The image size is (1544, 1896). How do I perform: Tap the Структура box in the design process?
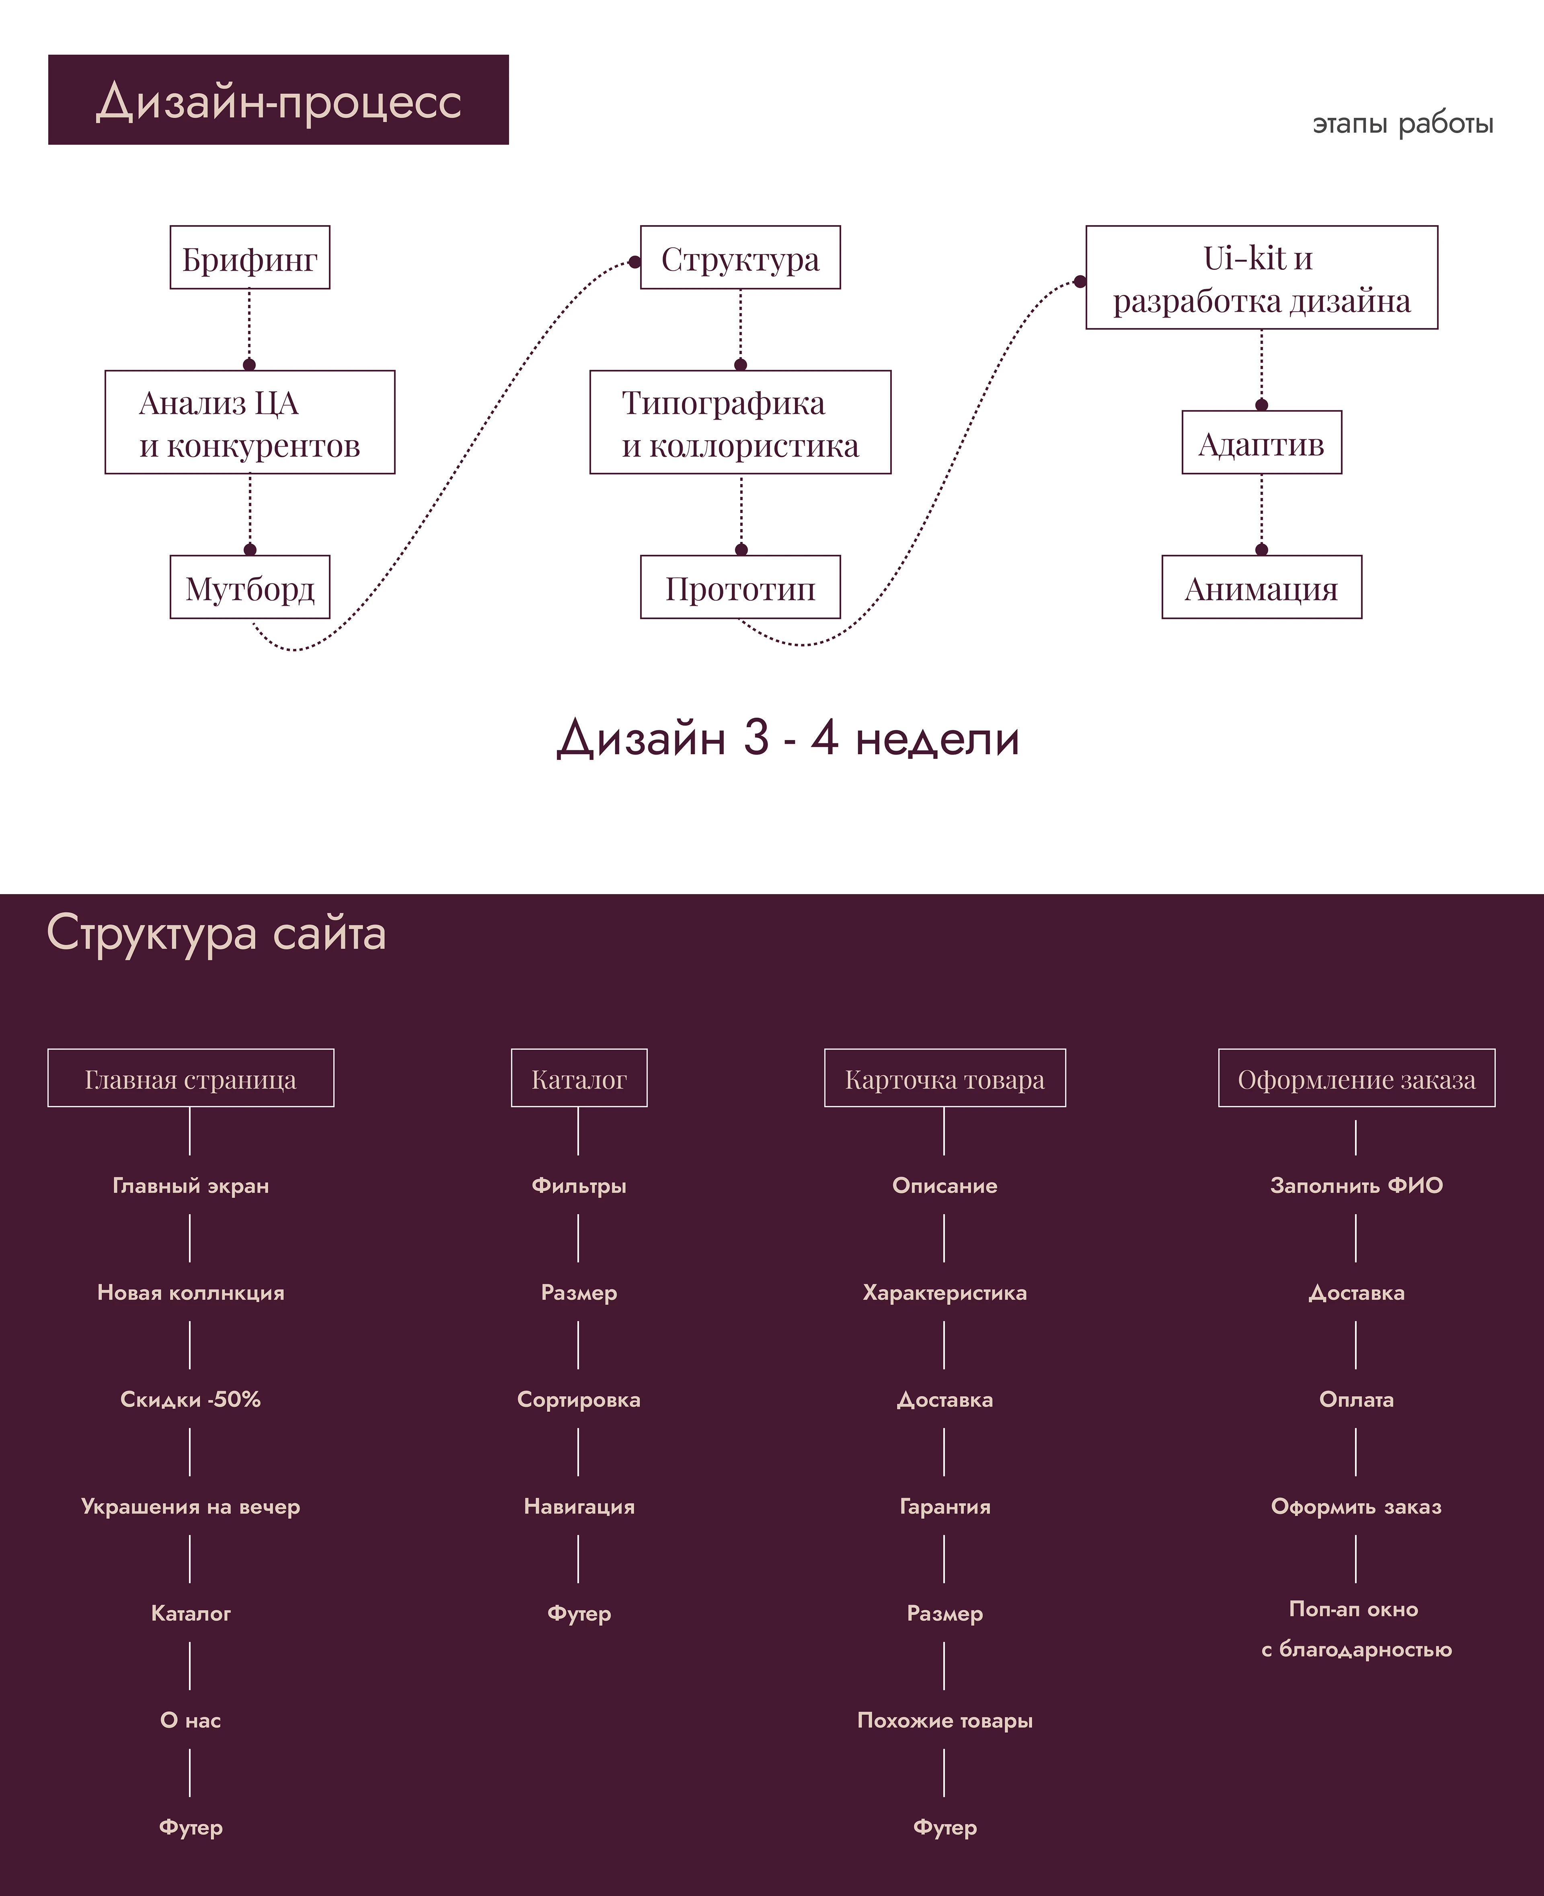pos(740,258)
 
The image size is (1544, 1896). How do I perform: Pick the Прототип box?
pos(740,588)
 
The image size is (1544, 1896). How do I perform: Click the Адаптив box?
pos(1261,443)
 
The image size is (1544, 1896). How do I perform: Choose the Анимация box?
pos(1261,588)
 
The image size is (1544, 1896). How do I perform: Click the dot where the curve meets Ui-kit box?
pos(1080,282)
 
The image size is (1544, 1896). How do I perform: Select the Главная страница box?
pos(190,1079)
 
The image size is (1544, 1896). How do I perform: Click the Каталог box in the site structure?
pos(579,1079)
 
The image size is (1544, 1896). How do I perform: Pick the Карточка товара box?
pos(944,1079)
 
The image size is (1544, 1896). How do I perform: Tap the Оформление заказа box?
pos(1356,1079)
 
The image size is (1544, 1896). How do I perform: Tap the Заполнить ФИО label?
pos(1356,1186)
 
